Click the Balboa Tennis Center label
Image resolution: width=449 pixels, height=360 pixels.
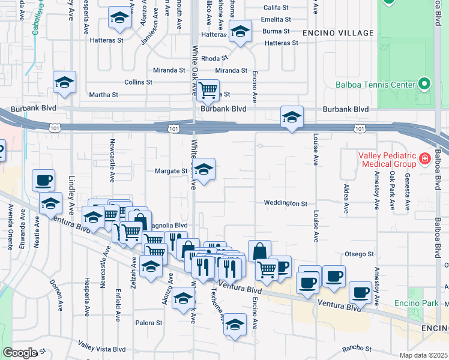pyautogui.click(x=384, y=85)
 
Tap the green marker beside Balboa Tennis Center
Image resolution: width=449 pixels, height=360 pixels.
pyautogui.click(x=425, y=84)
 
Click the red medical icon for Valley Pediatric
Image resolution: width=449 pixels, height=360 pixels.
pyautogui.click(x=425, y=159)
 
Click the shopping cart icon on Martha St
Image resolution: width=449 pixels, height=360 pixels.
pyautogui.click(x=208, y=90)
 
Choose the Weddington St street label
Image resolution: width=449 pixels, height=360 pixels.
pyautogui.click(x=285, y=203)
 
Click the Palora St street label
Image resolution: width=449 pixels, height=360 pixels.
pyautogui.click(x=151, y=323)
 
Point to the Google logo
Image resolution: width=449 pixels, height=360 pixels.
pyautogui.click(x=20, y=353)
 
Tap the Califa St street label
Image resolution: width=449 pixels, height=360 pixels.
pyautogui.click(x=277, y=8)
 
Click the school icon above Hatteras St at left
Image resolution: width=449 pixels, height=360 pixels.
pyautogui.click(x=120, y=19)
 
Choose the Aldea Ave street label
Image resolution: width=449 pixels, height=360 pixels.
pyautogui.click(x=346, y=199)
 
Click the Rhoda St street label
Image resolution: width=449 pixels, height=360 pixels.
pyautogui.click(x=214, y=58)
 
